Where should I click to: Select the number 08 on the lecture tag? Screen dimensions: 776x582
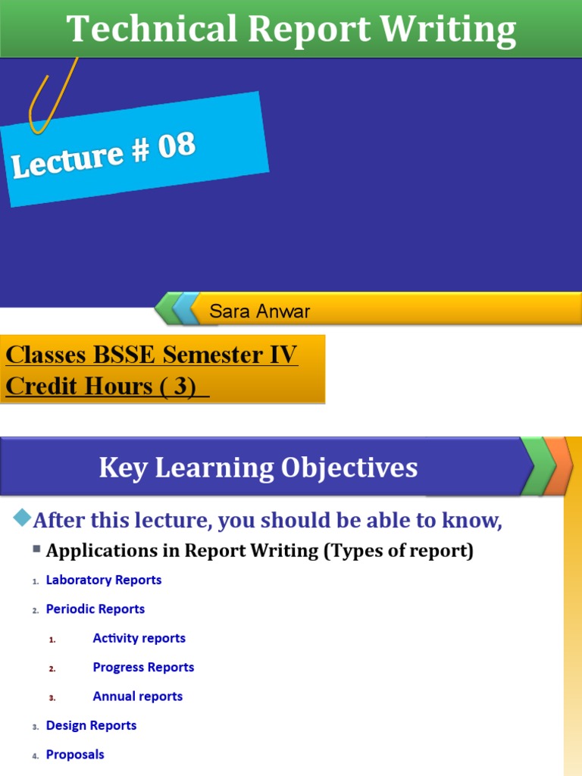[177, 145]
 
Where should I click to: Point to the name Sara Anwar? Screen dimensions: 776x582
[260, 311]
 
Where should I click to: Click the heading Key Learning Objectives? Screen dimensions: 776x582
[258, 468]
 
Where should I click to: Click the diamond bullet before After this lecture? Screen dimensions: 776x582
[22, 518]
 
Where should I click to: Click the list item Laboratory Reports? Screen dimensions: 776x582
[104, 580]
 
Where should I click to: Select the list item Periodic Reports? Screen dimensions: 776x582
[95, 609]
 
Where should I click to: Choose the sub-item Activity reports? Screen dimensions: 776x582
[139, 638]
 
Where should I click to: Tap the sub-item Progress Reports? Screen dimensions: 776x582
[143, 667]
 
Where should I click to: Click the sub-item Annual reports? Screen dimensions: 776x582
[137, 696]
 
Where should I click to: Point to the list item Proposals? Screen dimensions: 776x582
[75, 754]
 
